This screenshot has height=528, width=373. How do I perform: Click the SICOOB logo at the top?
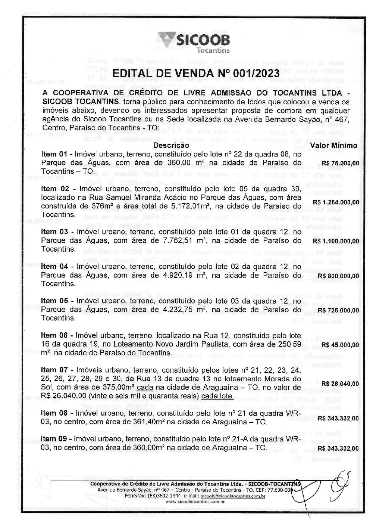(x=194, y=42)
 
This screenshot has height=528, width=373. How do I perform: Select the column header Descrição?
(x=171, y=145)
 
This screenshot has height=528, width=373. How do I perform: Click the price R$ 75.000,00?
(x=340, y=163)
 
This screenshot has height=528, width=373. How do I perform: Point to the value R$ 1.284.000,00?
(x=336, y=202)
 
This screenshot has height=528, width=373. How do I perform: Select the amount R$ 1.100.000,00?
(x=336, y=241)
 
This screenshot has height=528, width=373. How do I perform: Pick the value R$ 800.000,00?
(x=338, y=276)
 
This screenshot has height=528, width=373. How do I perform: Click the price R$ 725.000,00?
(x=338, y=310)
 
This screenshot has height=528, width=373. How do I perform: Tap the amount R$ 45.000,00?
(x=340, y=345)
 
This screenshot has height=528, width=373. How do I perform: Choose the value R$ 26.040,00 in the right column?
(x=340, y=383)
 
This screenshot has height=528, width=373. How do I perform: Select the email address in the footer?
(x=233, y=496)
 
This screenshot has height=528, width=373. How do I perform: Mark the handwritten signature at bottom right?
(x=328, y=489)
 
